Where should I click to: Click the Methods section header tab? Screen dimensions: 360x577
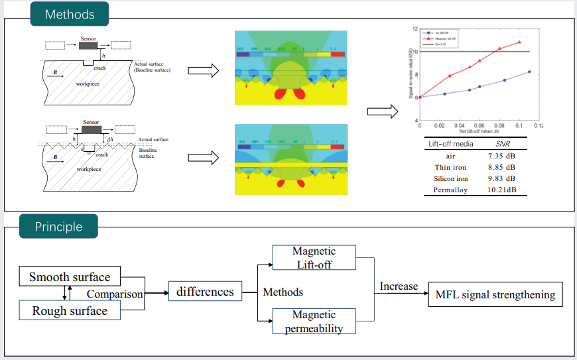pyautogui.click(x=69, y=14)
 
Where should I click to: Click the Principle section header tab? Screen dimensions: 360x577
pyautogui.click(x=58, y=227)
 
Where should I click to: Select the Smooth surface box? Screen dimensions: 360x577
pyautogui.click(x=69, y=276)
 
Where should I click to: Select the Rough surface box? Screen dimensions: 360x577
pyautogui.click(x=69, y=310)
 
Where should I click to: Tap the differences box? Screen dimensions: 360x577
pyautogui.click(x=205, y=292)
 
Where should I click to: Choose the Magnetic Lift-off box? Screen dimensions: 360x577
pyautogui.click(x=314, y=258)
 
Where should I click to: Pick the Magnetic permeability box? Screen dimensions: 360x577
pyautogui.click(x=314, y=321)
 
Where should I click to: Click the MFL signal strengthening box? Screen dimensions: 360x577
pyautogui.click(x=495, y=294)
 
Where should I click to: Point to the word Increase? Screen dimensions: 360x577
pyautogui.click(x=399, y=286)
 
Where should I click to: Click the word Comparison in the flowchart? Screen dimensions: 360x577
pyautogui.click(x=115, y=294)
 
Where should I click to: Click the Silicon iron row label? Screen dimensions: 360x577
pyautogui.click(x=450, y=178)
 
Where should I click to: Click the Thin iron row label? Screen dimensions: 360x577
pyautogui.click(x=450, y=167)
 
